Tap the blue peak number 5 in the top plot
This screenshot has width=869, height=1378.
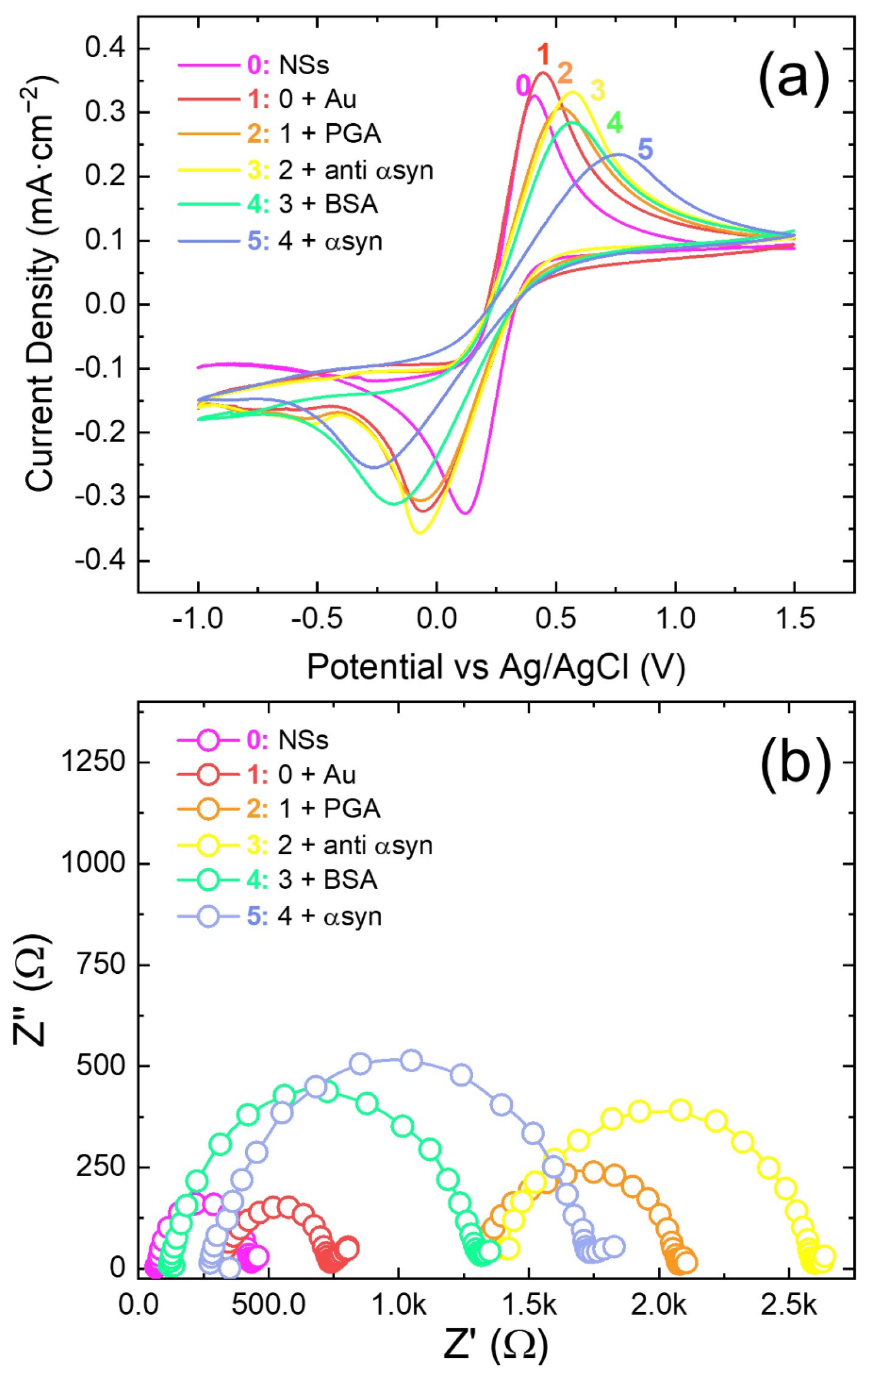[645, 150]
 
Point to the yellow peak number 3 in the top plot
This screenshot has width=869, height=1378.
[597, 90]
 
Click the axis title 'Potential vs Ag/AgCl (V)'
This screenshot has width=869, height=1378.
[495, 667]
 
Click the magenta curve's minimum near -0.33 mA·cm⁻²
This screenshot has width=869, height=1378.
[465, 512]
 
